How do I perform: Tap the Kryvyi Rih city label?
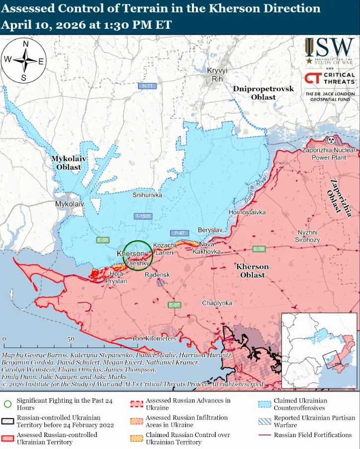click(217, 75)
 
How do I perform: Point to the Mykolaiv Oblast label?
click(69, 163)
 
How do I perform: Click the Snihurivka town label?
click(147, 195)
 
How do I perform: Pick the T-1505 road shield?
click(143, 216)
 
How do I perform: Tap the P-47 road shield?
click(179, 233)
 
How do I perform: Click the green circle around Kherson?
click(138, 256)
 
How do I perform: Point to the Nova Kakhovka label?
click(209, 248)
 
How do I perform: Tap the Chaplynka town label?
click(217, 303)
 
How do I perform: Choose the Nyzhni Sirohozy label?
click(308, 236)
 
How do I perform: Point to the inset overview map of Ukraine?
click(319, 351)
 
